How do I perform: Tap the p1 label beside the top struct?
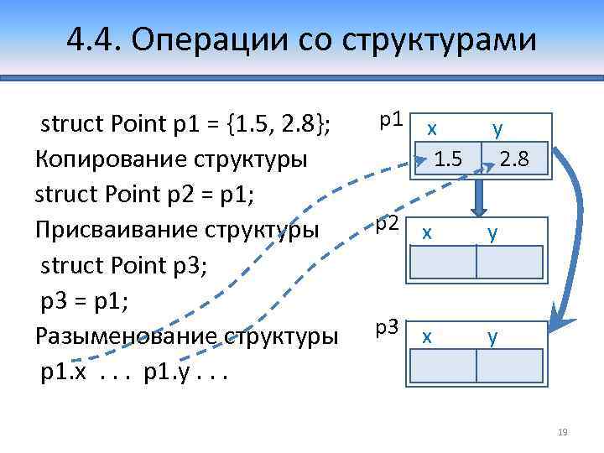(391, 119)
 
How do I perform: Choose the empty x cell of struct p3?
(444, 366)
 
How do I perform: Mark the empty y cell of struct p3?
(510, 366)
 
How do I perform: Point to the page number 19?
(563, 432)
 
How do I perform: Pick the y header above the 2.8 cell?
(497, 129)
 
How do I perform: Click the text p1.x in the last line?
(63, 372)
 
